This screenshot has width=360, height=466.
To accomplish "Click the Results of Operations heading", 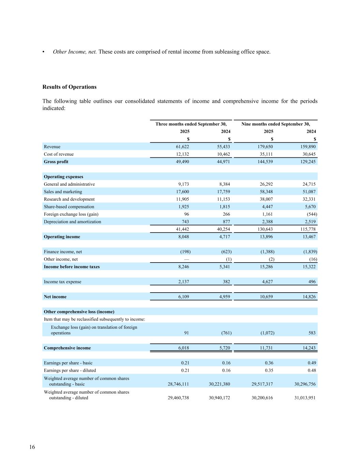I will [x=69, y=87].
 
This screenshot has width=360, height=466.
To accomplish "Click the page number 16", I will [x=32, y=447].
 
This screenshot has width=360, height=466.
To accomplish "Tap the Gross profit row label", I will [x=56, y=162].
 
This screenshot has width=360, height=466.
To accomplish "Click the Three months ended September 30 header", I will [x=191, y=124].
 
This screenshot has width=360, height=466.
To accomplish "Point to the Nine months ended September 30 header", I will [x=276, y=124].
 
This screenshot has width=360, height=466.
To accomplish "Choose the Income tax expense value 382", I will [x=226, y=282].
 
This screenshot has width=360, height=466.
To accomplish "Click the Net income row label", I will [x=55, y=297].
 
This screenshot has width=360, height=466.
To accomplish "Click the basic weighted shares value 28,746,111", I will [x=178, y=384].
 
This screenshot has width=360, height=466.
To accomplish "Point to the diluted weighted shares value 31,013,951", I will [x=305, y=398].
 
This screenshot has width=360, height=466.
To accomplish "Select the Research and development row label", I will [x=69, y=199].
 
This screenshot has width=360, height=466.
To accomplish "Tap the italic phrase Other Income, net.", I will [x=75, y=52].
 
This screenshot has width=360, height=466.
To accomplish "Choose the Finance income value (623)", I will [x=226, y=252].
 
